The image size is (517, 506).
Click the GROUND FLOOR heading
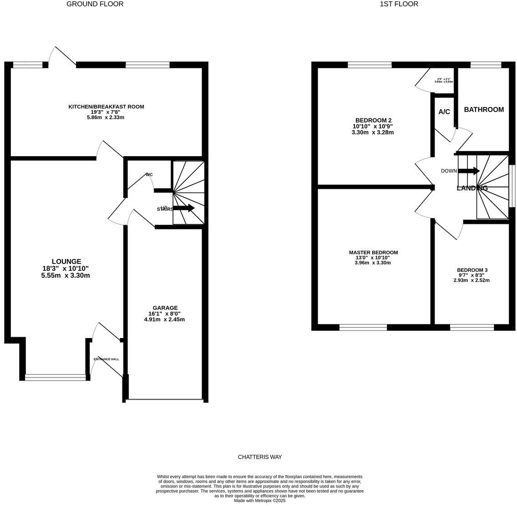coord(95,4)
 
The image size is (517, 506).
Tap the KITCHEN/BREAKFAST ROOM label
coord(106,107)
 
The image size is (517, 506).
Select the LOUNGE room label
coord(66,262)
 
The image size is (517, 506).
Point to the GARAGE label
coord(165,308)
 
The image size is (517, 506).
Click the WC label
coord(149,175)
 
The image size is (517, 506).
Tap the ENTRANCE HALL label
coord(106,359)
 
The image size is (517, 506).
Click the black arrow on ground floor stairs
coord(184,208)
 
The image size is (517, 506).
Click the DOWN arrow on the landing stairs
coord(469,171)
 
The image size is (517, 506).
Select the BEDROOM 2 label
coord(373,121)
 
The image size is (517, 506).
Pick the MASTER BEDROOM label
coord(373,253)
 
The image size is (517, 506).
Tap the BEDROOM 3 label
coord(472,270)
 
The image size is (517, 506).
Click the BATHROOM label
coord(483,110)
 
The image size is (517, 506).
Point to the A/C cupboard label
coord(444,112)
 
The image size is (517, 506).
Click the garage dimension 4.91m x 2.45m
coord(164,319)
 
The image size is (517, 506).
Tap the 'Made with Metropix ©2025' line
coord(259,501)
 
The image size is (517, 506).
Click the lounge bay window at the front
coord(55,377)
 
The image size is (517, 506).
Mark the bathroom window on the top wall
coord(486,65)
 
